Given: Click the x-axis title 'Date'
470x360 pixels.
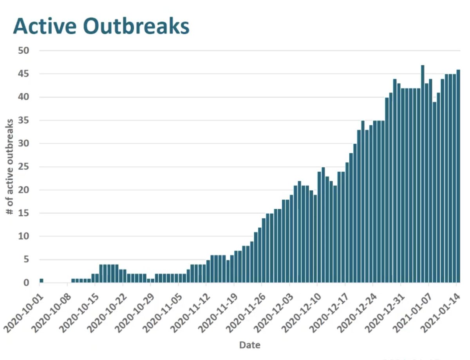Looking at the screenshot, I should tap(249, 345).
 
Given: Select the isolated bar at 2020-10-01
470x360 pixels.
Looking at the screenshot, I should tap(42, 280).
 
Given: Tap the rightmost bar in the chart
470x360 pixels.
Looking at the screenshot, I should tap(458, 176).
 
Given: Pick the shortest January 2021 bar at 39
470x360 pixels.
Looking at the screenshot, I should tap(434, 192).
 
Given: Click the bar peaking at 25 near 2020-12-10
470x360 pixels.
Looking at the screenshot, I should tap(323, 225).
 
